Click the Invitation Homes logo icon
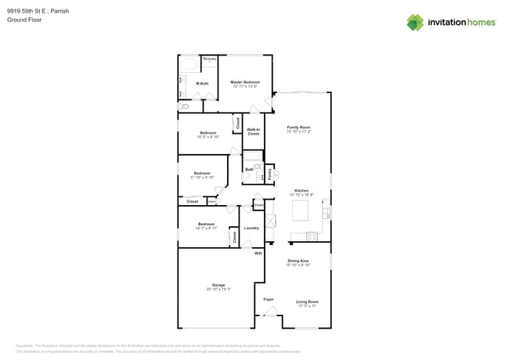[415, 22]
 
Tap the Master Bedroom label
[244, 82]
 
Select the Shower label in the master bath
[209, 59]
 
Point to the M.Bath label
[202, 84]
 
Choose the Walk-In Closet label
[253, 131]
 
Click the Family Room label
[299, 128]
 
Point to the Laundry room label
[251, 228]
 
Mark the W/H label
[258, 254]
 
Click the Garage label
[218, 285]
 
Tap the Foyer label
[268, 299]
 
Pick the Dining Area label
[298, 261]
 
